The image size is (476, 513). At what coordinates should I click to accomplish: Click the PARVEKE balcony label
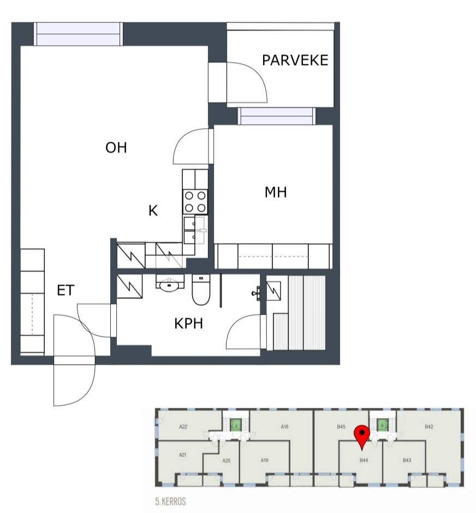pos(295,60)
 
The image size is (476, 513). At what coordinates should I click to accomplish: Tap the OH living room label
pos(116,148)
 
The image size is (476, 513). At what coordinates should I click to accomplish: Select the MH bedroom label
pos(276,192)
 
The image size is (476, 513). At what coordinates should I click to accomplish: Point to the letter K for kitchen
pos(153,210)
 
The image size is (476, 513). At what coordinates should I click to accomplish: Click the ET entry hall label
pos(66,290)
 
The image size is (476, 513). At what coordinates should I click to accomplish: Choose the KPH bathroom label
pos(188,323)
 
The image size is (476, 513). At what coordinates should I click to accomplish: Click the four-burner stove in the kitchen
pos(195,202)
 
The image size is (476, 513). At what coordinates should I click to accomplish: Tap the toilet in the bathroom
pos(201,289)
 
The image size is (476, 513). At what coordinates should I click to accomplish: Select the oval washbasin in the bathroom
pos(169,285)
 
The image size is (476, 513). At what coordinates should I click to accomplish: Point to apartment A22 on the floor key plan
pos(183,426)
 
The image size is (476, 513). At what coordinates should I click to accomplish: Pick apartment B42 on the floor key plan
pos(429,426)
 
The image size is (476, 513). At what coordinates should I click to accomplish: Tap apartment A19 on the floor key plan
pos(264,460)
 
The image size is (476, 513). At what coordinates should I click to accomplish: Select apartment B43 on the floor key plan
pos(407,460)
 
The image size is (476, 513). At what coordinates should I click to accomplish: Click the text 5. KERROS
pos(170,501)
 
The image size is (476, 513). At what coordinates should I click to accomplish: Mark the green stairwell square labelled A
pos(236,425)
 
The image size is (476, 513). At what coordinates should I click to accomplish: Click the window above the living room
pos(79,34)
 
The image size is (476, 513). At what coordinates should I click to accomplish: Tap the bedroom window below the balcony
pos(277,116)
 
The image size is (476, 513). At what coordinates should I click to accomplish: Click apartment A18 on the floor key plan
pos(284,426)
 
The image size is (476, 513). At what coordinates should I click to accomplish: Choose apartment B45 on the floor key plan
pos(341,427)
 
